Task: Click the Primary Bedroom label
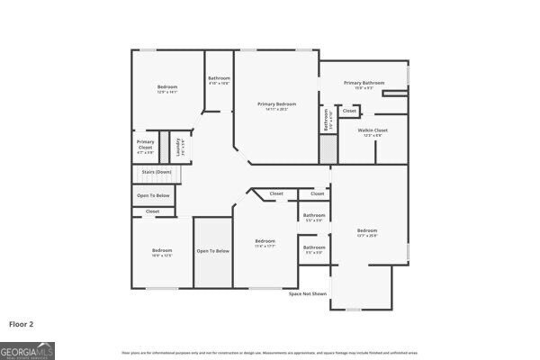tap(276, 104)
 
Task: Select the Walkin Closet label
tap(372, 130)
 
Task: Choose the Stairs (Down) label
tap(155, 172)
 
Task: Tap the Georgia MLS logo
tap(27, 349)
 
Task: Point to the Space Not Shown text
tap(307, 293)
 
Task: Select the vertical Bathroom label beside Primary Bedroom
tap(328, 119)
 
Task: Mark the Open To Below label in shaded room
tap(213, 251)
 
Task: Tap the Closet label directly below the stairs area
tap(152, 211)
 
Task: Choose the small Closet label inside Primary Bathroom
tap(349, 112)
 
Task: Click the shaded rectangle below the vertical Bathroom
tap(328, 150)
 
